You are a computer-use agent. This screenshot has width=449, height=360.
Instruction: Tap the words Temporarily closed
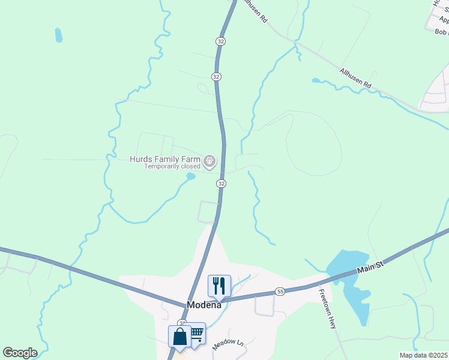click(172, 166)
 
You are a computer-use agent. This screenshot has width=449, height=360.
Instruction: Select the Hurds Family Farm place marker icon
click(209, 160)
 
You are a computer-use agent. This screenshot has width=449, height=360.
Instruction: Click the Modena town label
click(204, 304)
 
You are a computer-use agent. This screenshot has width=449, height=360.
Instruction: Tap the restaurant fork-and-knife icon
click(219, 286)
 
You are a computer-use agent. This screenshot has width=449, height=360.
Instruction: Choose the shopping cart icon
click(196, 333)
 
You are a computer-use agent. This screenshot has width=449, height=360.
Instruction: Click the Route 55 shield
click(280, 291)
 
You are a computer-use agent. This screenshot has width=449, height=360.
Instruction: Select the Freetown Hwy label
click(327, 308)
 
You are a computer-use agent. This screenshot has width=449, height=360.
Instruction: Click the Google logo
click(20, 353)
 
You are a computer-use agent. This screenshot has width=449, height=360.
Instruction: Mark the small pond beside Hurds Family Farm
click(191, 176)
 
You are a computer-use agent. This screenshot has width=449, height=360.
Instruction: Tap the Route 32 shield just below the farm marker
click(221, 183)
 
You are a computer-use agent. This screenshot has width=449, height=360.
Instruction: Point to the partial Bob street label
click(441, 32)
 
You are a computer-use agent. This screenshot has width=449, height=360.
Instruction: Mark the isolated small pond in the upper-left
click(58, 35)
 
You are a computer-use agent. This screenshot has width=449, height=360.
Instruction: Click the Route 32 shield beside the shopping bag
click(182, 323)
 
